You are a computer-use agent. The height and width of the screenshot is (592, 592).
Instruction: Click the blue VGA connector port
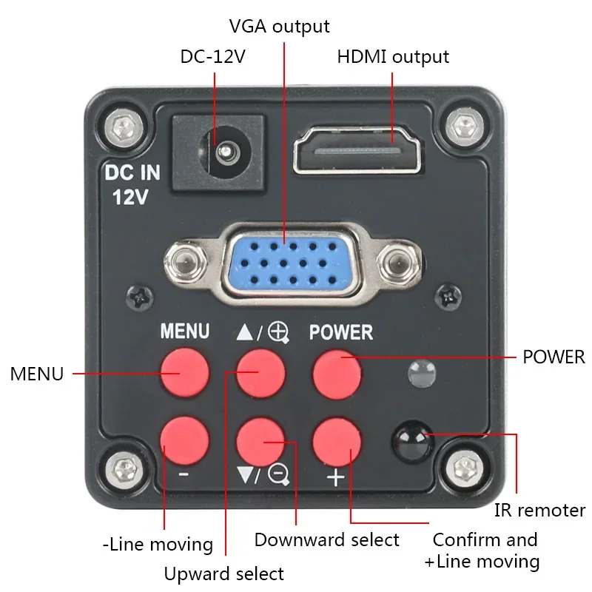tap(286, 262)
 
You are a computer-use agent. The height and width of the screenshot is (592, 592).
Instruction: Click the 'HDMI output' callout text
tap(393, 56)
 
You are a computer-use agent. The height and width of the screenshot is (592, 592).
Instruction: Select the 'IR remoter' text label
tap(539, 510)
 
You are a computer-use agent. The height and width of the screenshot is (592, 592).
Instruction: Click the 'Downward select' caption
tap(326, 539)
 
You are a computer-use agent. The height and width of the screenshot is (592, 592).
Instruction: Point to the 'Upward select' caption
tap(224, 573)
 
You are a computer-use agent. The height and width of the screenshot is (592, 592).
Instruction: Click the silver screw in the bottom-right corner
tap(465, 468)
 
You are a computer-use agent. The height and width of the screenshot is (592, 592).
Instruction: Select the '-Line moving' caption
tap(158, 545)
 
